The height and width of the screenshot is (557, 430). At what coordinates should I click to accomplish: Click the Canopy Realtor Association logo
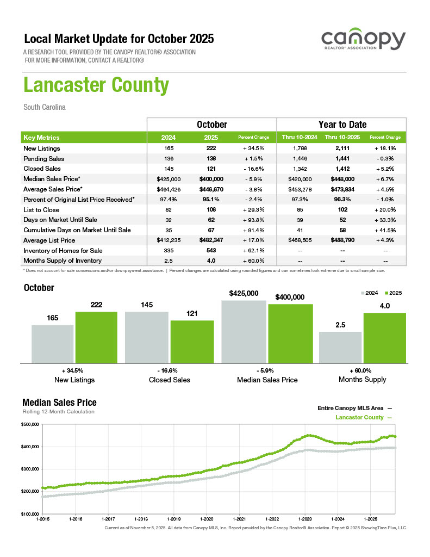pos(363,42)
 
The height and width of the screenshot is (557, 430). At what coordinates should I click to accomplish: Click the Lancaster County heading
pos(96,85)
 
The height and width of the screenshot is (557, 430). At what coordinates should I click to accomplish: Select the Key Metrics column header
pos(42,138)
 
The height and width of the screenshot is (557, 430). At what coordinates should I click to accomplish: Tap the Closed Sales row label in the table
pos(42,169)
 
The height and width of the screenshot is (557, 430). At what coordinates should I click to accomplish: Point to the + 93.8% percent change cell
pos(254,220)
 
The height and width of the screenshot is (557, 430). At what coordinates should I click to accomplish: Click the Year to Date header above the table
pos(342,125)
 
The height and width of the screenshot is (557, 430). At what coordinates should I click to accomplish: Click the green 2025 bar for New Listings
pos(96,337)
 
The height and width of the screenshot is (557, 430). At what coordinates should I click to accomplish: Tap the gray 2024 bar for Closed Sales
pos(147,337)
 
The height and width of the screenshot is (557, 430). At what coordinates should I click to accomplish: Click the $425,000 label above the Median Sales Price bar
pos(244,293)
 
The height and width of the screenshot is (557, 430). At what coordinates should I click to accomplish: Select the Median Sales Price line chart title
pos(59,403)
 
